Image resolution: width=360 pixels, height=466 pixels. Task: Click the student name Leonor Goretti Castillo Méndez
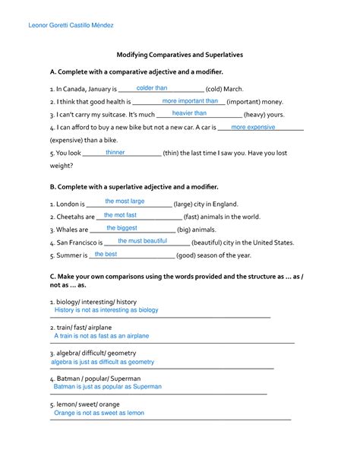(71, 26)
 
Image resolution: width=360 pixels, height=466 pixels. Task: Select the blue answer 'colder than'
(152, 88)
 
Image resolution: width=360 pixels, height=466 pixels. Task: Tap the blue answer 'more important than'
(190, 101)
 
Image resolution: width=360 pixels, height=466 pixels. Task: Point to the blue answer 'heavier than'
(189, 113)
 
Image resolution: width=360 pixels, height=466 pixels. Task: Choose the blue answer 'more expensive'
(253, 127)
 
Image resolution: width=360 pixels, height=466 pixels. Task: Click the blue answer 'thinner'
(115, 152)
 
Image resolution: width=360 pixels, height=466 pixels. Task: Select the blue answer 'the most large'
(125, 201)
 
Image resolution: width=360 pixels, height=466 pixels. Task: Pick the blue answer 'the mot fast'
(120, 215)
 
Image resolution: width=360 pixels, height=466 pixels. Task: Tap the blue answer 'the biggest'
(122, 228)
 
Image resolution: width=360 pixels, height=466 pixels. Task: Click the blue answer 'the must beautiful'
(143, 241)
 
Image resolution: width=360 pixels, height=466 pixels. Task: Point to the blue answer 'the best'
(106, 254)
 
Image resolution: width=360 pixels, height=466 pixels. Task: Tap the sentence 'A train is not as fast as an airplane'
(102, 335)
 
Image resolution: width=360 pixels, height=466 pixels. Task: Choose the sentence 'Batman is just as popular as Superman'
(108, 386)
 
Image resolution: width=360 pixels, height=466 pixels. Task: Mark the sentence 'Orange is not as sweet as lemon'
(99, 413)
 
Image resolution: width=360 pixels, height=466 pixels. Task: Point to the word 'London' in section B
(68, 204)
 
